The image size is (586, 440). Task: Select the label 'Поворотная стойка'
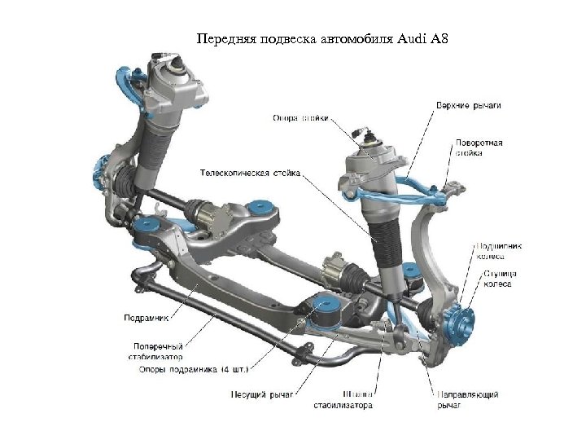(x=479, y=147)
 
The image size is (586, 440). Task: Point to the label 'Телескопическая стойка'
(x=251, y=173)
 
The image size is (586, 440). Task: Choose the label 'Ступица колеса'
(x=499, y=279)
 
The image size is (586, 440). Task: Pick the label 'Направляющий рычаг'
(x=468, y=399)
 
